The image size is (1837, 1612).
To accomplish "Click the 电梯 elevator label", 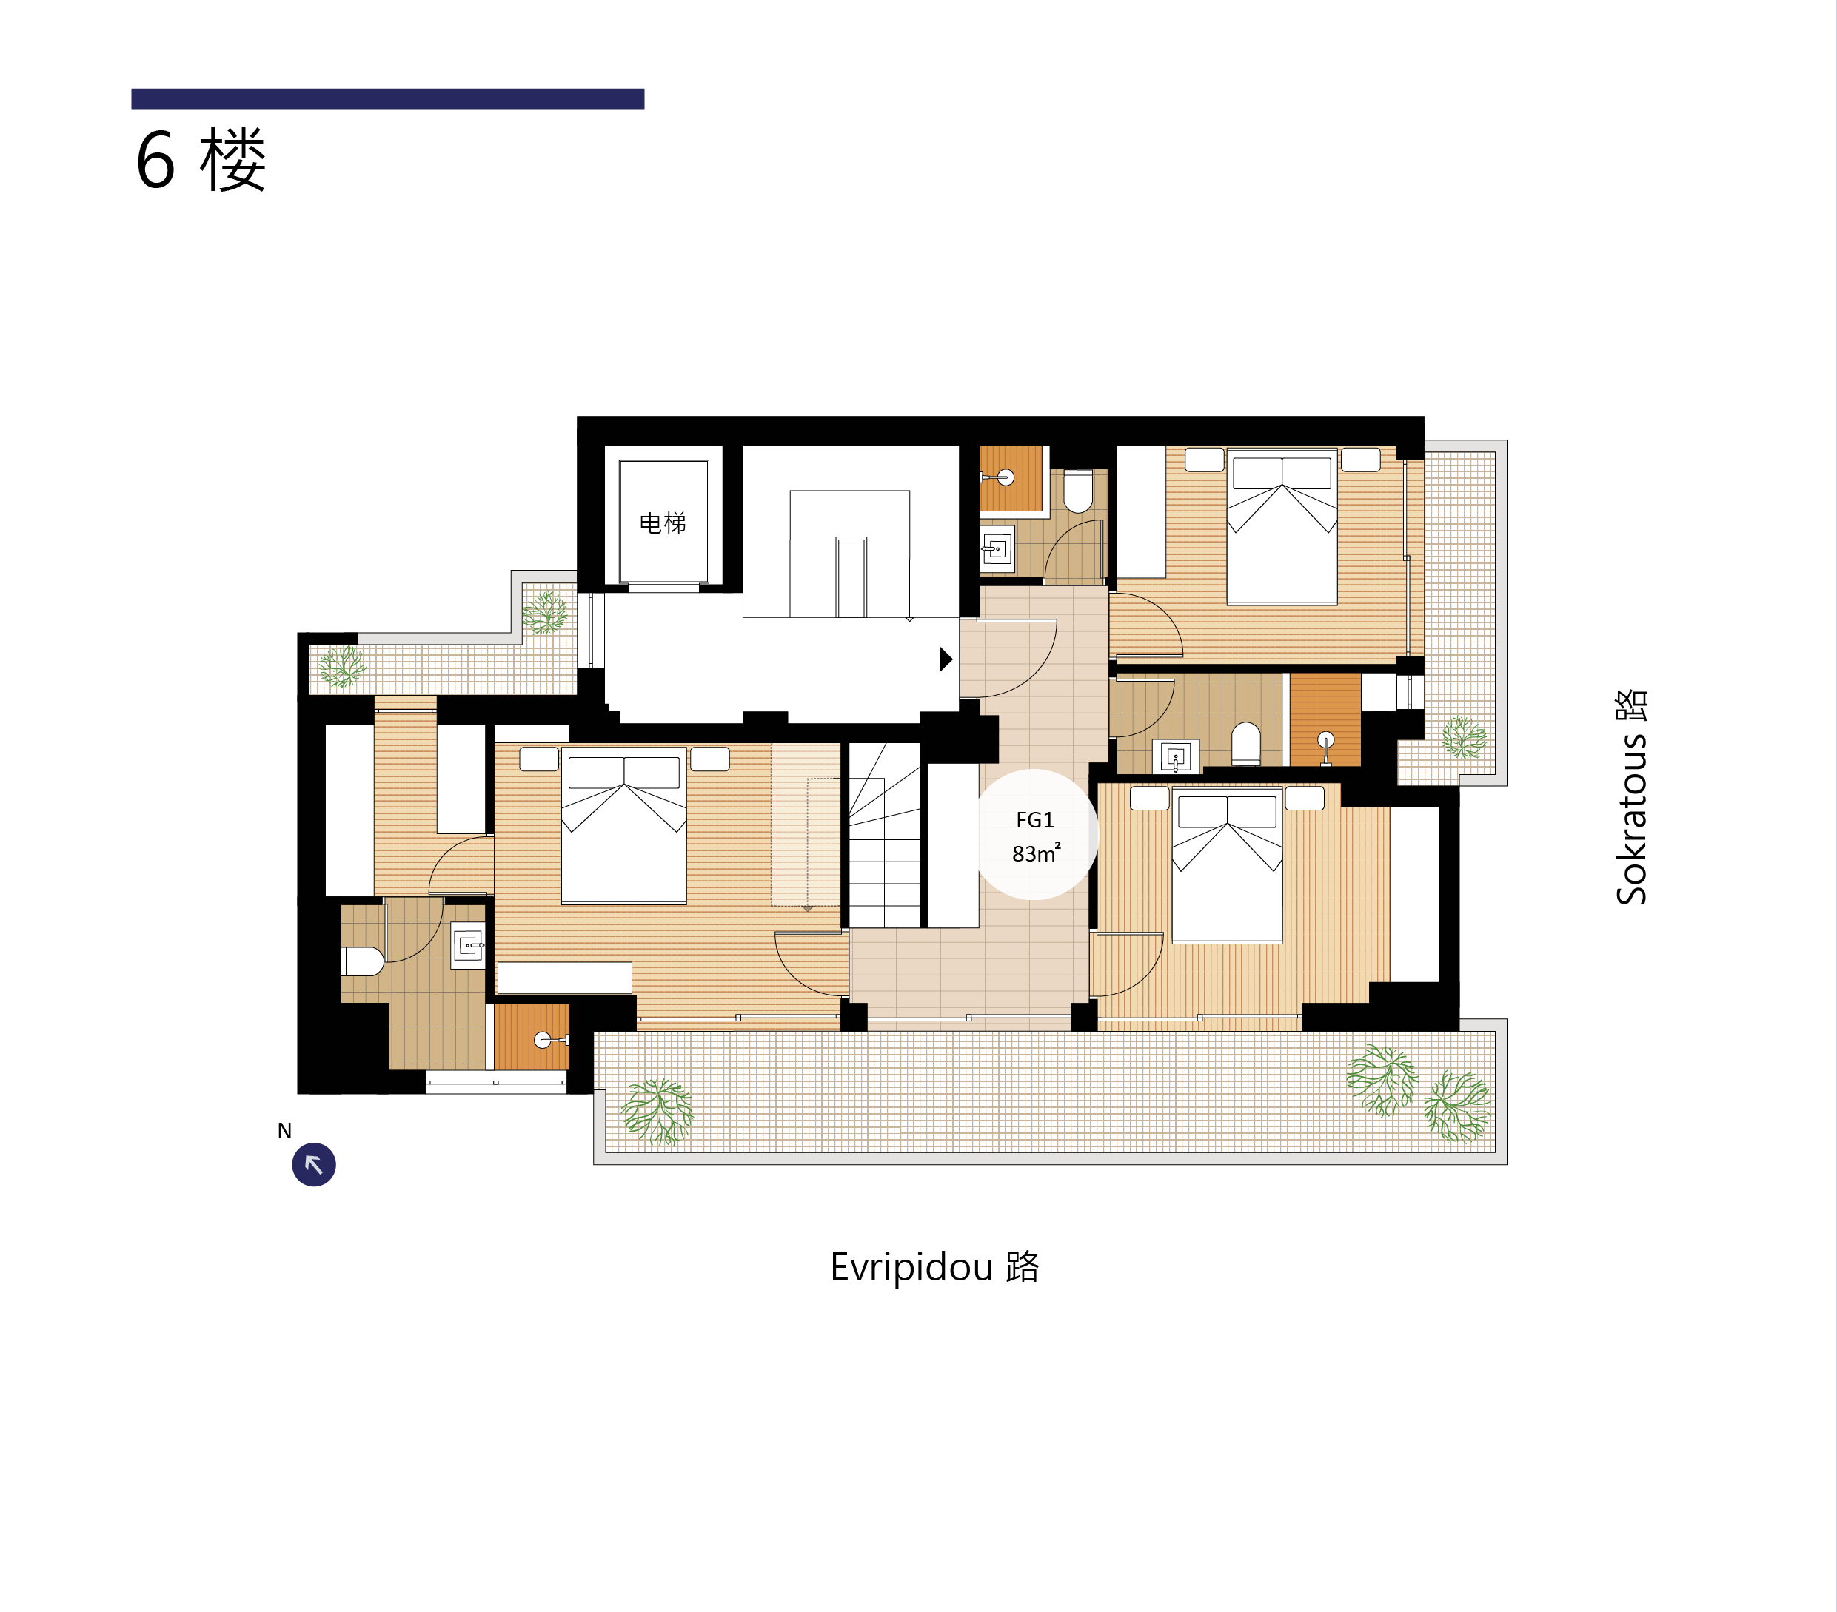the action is (663, 523).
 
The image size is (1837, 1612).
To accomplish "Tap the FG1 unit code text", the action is (1034, 819).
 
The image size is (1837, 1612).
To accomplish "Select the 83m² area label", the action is (1037, 853).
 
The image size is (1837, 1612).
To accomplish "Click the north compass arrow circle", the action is (314, 1164).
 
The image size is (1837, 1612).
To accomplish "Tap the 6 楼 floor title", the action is (201, 160).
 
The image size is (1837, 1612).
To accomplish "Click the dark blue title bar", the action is (387, 99).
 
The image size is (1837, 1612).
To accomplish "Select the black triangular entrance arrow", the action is (946, 659).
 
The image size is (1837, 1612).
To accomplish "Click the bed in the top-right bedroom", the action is (1282, 528).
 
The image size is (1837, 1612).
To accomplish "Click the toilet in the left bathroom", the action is (362, 961).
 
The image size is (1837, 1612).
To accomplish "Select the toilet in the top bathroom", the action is (1077, 491).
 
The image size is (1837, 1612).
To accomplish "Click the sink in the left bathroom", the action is (468, 945).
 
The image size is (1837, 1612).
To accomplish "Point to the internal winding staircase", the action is (884, 835).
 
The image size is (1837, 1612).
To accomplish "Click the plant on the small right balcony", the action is (1464, 737).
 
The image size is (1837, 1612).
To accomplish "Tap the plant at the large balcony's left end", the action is (657, 1112).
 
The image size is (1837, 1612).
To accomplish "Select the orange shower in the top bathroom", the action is (1010, 478).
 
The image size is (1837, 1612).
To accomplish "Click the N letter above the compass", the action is (284, 1130).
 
